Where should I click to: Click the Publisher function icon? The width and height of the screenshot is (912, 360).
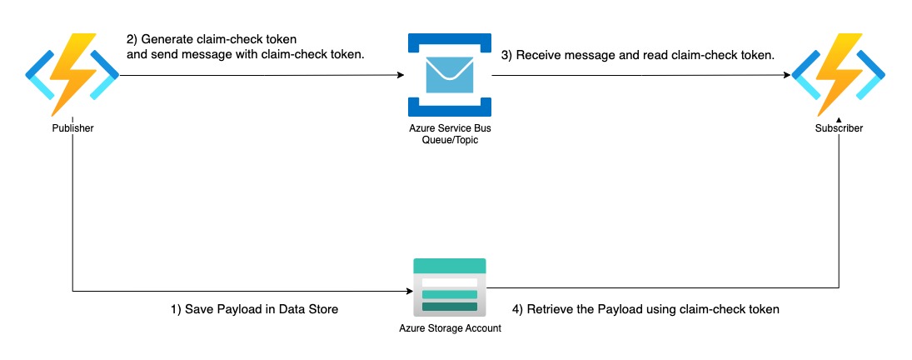[x=72, y=75]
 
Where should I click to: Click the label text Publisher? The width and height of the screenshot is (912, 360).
[x=72, y=129]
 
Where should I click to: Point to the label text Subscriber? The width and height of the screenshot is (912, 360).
[x=839, y=129]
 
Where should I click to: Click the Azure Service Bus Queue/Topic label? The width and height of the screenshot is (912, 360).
[x=450, y=135]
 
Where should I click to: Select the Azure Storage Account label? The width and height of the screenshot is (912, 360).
[x=450, y=328]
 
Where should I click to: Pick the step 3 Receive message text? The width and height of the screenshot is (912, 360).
[x=638, y=56]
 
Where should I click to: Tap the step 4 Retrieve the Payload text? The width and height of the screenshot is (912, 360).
[x=645, y=309]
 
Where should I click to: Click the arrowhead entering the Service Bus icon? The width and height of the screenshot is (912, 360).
[x=401, y=75]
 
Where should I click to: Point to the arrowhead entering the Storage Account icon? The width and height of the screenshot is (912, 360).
[x=409, y=291]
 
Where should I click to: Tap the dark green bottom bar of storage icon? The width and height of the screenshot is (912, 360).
[x=450, y=307]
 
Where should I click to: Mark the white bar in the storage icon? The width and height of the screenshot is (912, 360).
[x=450, y=282]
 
